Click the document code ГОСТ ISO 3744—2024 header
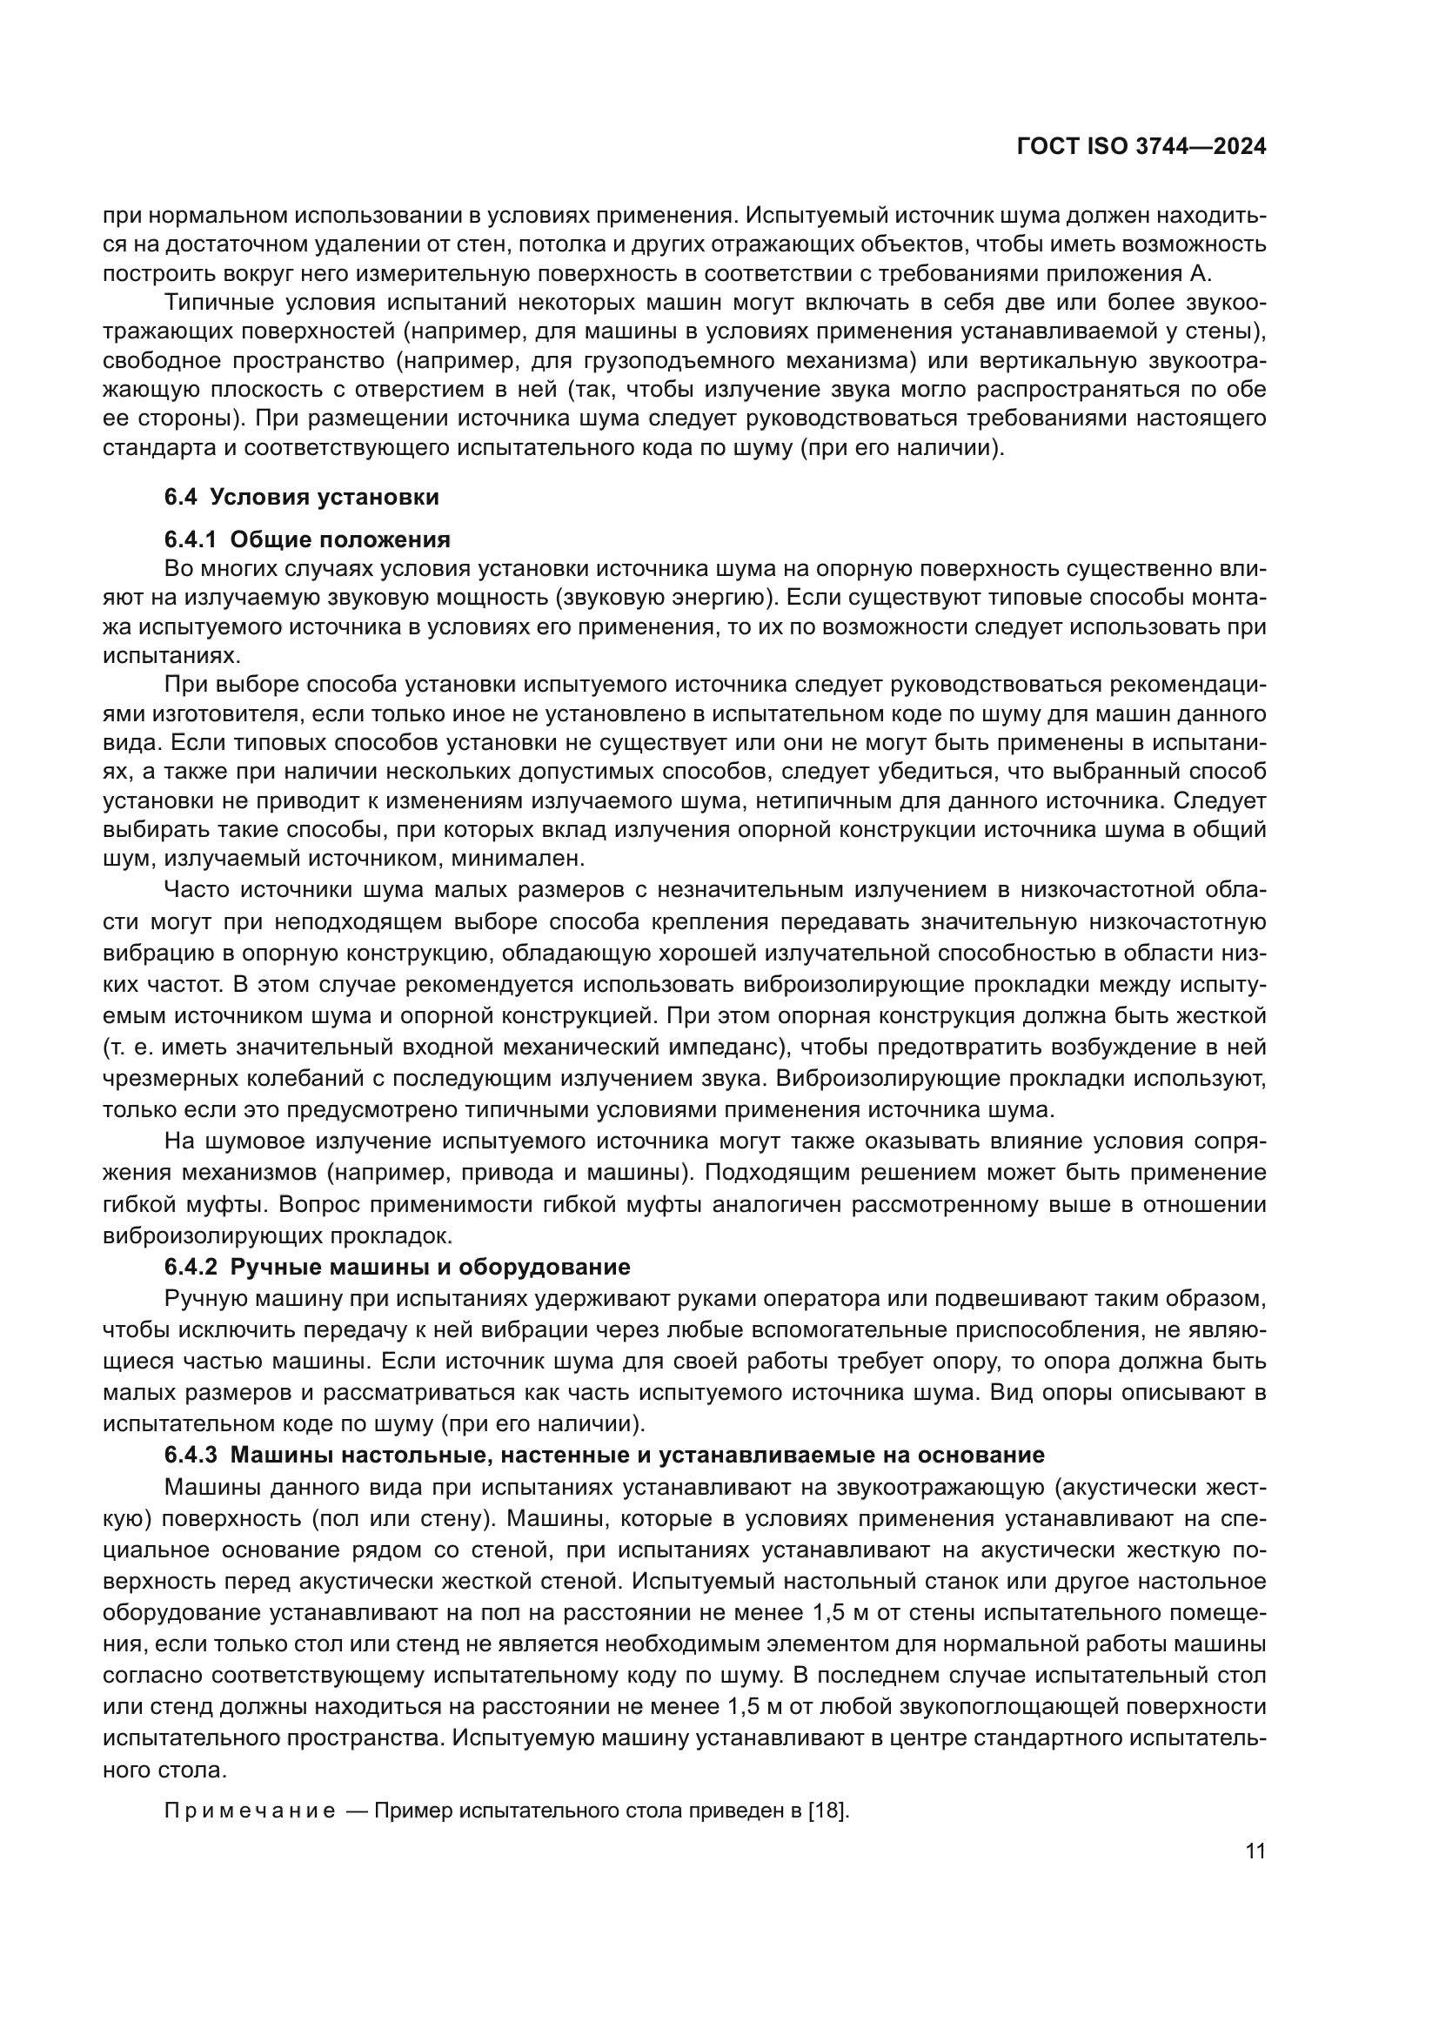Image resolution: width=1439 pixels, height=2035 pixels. [1141, 147]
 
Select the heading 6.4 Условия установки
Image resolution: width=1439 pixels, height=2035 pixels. [301, 498]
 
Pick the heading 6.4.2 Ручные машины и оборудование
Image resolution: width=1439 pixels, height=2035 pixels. [397, 1268]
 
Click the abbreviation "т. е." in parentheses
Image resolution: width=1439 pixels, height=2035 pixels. [128, 1047]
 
